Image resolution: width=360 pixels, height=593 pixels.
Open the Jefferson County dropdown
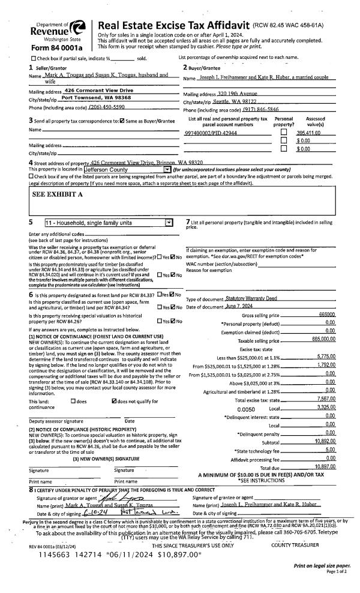click(168, 170)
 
